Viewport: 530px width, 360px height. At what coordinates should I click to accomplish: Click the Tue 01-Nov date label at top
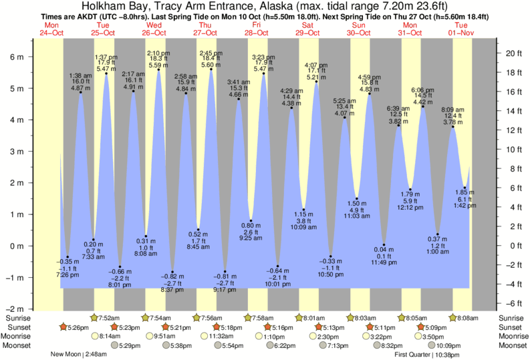[461, 28]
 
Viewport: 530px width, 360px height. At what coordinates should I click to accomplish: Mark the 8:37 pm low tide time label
[172, 290]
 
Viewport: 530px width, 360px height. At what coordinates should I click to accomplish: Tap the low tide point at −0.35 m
[68, 256]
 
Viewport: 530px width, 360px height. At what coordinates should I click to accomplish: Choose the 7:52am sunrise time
[110, 318]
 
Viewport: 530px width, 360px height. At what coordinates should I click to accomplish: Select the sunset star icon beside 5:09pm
[422, 327]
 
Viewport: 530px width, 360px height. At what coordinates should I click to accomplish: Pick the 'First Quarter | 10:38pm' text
[431, 355]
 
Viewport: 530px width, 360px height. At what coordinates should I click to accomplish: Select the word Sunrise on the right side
[512, 318]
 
